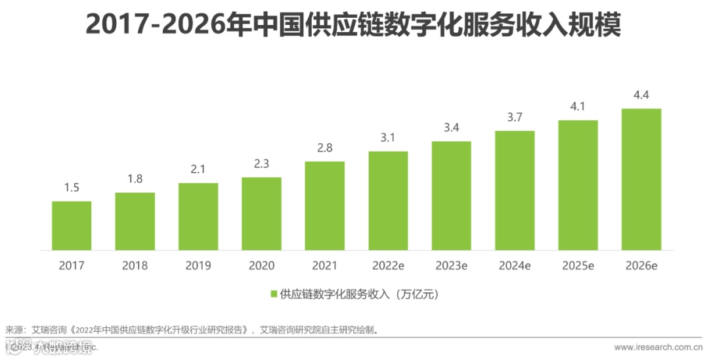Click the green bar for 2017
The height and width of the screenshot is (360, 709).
(x=72, y=225)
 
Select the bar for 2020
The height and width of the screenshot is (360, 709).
(x=261, y=214)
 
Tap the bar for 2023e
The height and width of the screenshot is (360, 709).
(x=451, y=196)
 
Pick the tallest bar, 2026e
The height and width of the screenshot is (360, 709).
(x=641, y=179)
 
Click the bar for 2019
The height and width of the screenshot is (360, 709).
(x=198, y=216)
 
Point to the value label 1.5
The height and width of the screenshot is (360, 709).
(x=72, y=189)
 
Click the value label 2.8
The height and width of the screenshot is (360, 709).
(x=324, y=148)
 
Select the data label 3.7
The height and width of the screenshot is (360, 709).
(x=514, y=118)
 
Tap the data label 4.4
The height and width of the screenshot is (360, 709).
(x=641, y=96)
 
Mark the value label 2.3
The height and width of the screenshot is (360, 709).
(x=261, y=165)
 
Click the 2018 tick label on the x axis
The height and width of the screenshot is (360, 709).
(x=135, y=266)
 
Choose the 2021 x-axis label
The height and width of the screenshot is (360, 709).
(x=324, y=266)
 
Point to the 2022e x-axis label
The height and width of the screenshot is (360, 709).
(x=387, y=266)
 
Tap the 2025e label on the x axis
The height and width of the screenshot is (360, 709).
(x=578, y=266)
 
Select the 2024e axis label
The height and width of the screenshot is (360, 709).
(x=514, y=266)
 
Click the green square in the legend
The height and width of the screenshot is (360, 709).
(x=274, y=294)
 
